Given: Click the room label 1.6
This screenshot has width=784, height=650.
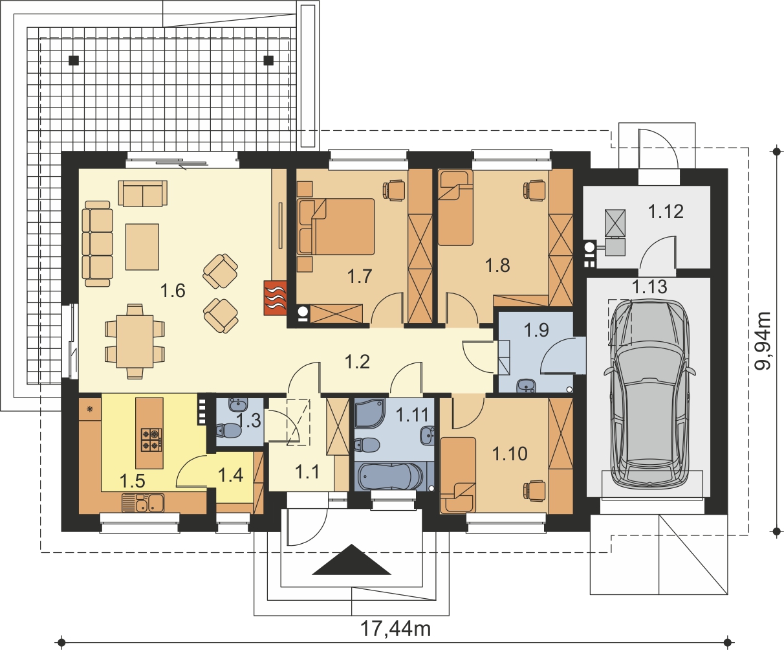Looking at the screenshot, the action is pyautogui.click(x=173, y=291).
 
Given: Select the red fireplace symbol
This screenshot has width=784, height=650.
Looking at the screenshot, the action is pyautogui.click(x=275, y=298).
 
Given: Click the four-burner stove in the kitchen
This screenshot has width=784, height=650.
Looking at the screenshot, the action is pyautogui.click(x=151, y=440).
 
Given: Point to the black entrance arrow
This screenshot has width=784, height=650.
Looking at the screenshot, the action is pyautogui.click(x=352, y=559).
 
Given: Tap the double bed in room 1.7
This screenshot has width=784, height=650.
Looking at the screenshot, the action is pyautogui.click(x=336, y=227).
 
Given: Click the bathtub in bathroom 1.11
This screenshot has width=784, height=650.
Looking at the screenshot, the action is pyautogui.click(x=391, y=476).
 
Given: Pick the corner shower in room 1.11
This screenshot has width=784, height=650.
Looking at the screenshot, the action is pyautogui.click(x=370, y=413).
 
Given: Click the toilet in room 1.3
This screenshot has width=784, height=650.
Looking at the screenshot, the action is pyautogui.click(x=229, y=430).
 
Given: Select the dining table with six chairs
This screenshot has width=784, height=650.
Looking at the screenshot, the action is pyautogui.click(x=135, y=341).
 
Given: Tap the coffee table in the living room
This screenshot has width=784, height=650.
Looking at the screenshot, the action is pyautogui.click(x=142, y=247).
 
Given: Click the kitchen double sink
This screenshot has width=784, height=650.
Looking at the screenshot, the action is pyautogui.click(x=143, y=503).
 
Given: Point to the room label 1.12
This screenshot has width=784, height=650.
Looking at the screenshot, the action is pyautogui.click(x=666, y=212).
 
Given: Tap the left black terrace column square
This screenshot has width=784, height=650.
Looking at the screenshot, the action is pyautogui.click(x=74, y=60).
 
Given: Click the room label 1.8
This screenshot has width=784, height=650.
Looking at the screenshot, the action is pyautogui.click(x=497, y=265).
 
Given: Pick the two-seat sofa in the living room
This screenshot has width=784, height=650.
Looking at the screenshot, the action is pyautogui.click(x=143, y=193).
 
